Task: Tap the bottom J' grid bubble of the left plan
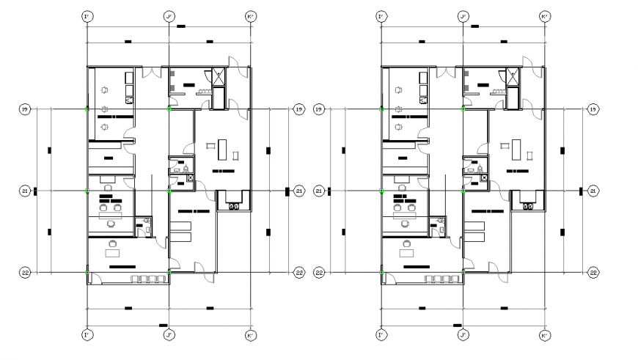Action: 169,336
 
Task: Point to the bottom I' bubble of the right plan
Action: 381,336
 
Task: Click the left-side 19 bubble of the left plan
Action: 24,109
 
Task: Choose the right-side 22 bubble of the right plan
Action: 593,273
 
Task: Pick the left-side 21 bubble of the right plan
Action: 319,191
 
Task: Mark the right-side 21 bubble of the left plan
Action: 298,191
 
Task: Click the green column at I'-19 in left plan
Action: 87,109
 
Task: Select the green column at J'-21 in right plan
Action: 463,191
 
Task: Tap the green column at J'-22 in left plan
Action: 169,273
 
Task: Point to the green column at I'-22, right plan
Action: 381,273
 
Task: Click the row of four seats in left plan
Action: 145,279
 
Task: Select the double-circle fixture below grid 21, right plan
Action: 528,207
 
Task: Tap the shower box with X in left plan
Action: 218,73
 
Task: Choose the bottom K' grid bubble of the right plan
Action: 544,336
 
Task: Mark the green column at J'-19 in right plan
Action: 463,109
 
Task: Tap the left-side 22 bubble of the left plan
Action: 24,273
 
